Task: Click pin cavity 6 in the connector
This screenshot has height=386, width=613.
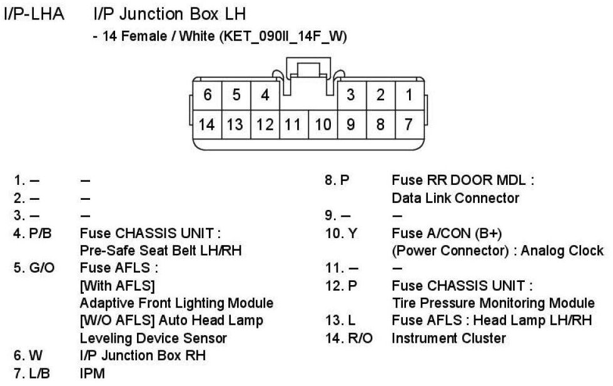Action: pos(208,95)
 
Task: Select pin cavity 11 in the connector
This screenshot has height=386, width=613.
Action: pos(293,124)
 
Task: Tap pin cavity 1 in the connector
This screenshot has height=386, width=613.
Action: pos(408,95)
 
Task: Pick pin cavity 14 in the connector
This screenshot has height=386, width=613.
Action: pos(206,124)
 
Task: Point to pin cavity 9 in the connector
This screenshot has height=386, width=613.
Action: pos(351,124)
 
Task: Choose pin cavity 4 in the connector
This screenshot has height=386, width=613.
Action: pos(265,95)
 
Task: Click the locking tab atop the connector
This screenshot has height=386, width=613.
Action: pos(308,69)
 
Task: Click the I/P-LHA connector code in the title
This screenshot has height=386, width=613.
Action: pos(34,14)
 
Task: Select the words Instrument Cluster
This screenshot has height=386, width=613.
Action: pos(448,338)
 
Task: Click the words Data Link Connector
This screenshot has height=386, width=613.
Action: pos(455,198)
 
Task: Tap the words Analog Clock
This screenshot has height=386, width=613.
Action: pos(566,251)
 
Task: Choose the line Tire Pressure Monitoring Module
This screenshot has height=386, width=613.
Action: pos(493,303)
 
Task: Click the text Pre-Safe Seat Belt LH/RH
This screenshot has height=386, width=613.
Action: pos(161,251)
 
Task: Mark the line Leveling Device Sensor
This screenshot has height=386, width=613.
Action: pos(153,338)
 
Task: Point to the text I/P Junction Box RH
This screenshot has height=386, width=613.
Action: pos(143,356)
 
